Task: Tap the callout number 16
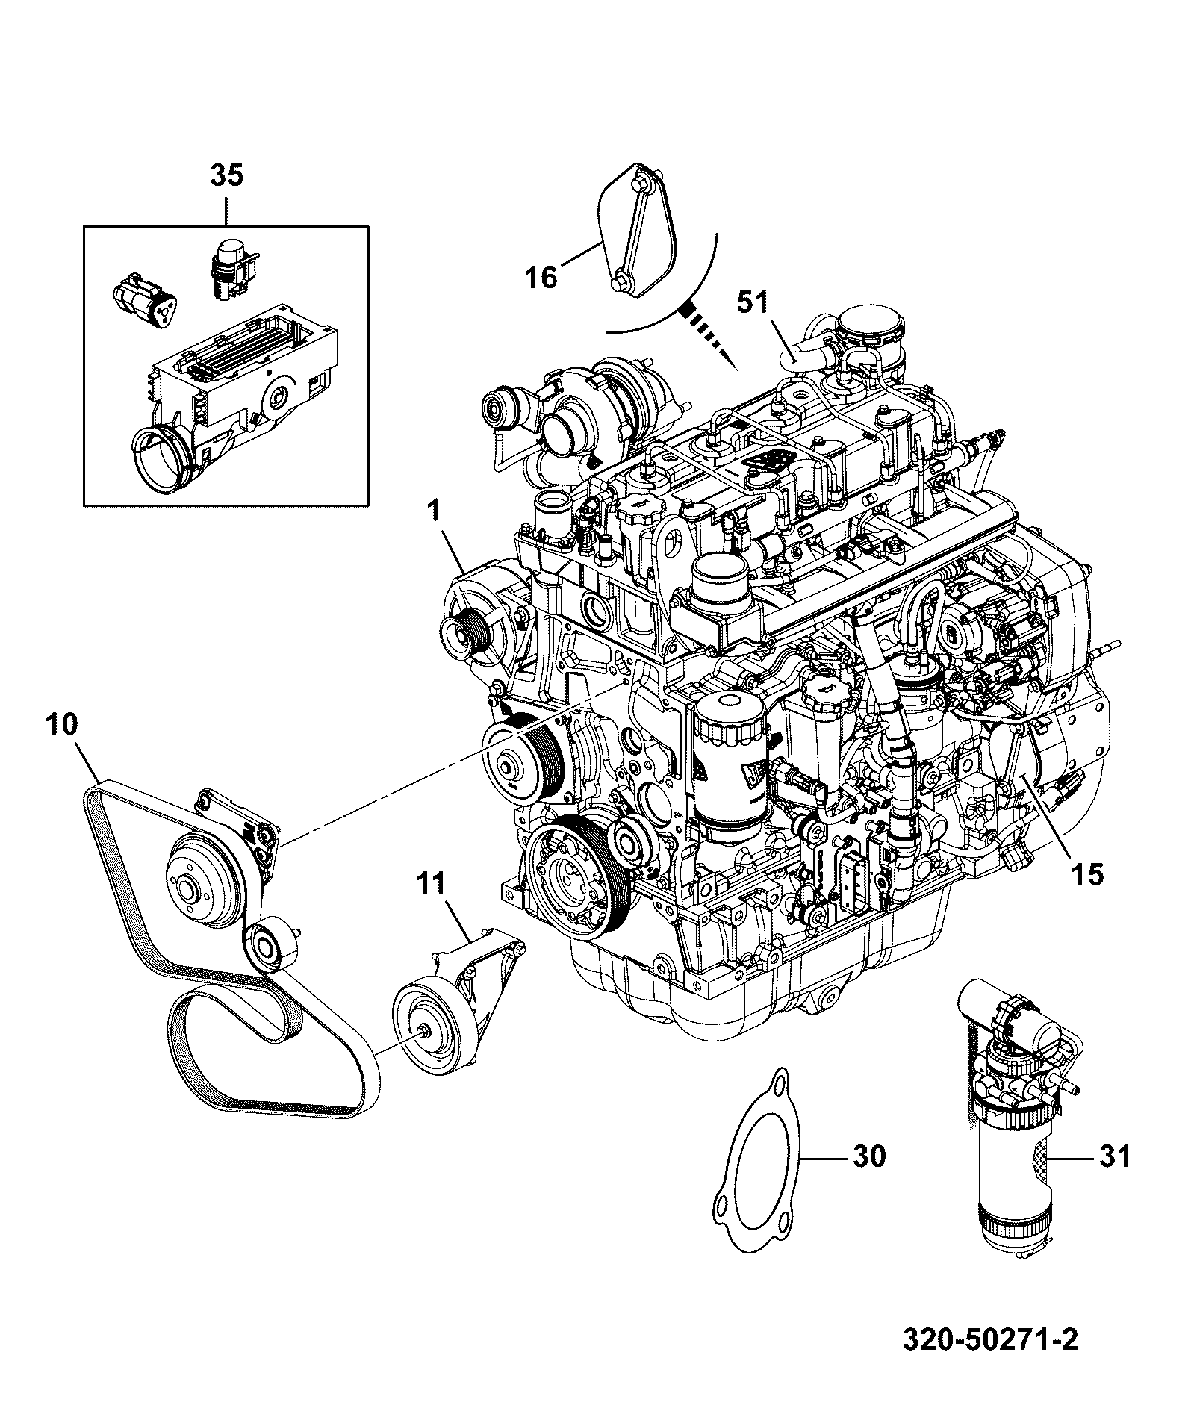pyautogui.click(x=541, y=278)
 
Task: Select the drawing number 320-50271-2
pyautogui.click(x=991, y=1359)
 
